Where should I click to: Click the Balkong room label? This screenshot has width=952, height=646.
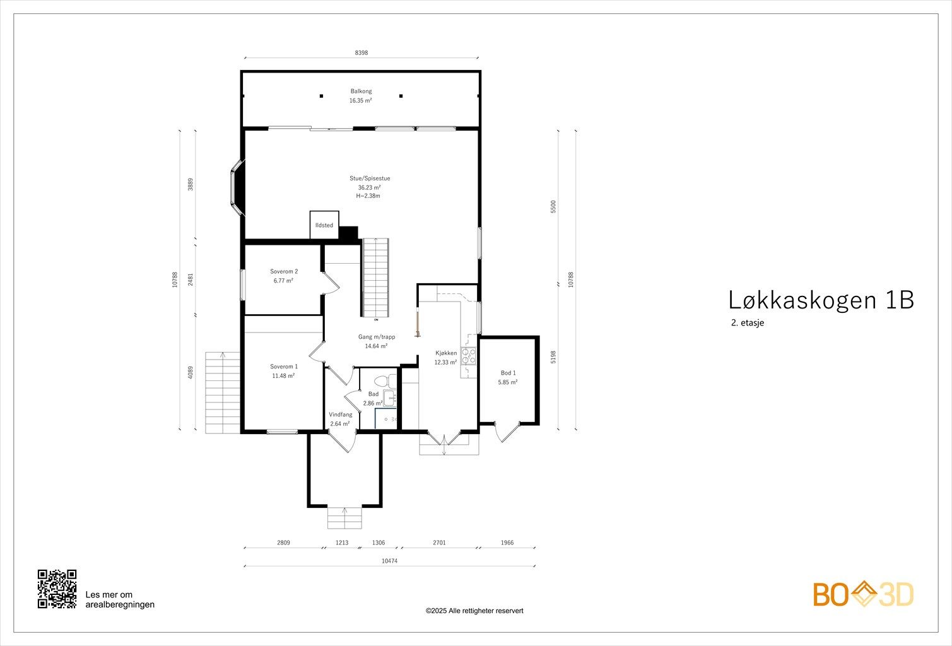[361, 91]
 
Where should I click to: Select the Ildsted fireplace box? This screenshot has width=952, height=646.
[324, 225]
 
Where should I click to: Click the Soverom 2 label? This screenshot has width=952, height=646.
[284, 272]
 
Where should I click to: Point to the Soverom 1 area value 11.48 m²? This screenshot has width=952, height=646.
[283, 375]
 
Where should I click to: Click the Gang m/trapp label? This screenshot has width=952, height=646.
[376, 337]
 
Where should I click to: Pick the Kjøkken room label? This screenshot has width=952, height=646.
[445, 353]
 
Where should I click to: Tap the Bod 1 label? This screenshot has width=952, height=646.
[508, 373]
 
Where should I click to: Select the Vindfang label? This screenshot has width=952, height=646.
[340, 414]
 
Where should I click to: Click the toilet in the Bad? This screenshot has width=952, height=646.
[381, 381]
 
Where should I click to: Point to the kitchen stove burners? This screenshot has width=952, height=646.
[468, 356]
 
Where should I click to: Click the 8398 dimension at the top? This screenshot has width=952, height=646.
[361, 54]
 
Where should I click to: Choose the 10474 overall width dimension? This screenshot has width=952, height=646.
[390, 561]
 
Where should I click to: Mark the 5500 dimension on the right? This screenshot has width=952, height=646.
[553, 206]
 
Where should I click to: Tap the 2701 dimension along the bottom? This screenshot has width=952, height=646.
[439, 543]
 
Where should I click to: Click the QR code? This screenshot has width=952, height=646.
[57, 589]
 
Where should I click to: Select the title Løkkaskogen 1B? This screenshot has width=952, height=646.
[821, 300]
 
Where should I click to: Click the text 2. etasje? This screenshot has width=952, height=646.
[748, 322]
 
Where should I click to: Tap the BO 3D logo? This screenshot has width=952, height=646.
[863, 594]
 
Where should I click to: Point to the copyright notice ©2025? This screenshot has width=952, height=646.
[474, 611]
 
